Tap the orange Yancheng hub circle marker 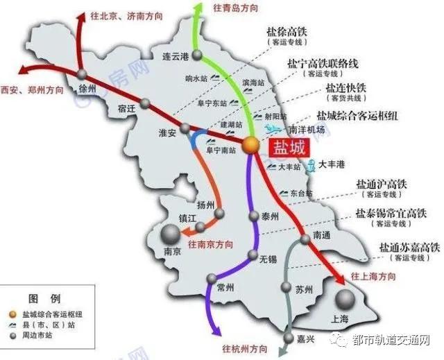(x=250, y=144)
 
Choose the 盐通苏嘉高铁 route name (x=409, y=247)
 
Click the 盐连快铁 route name (x=346, y=89)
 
